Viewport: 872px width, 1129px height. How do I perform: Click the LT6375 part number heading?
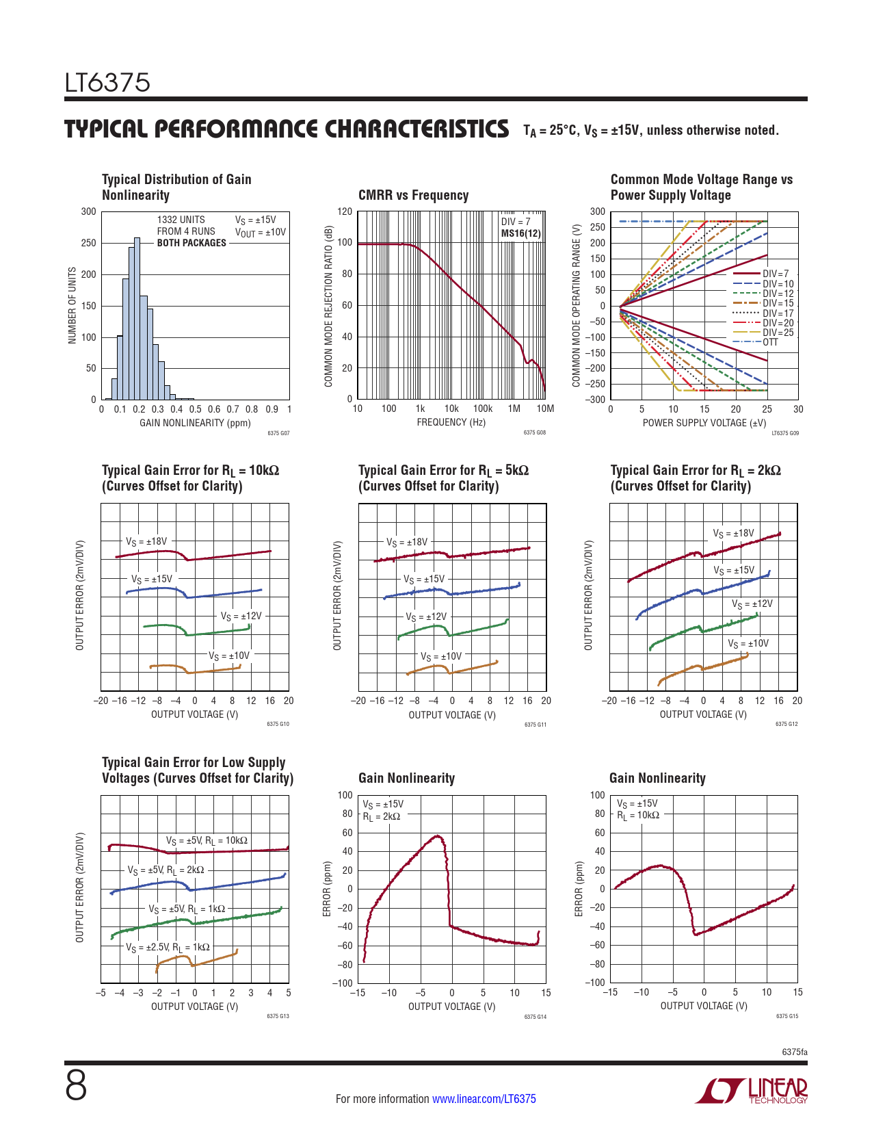pos(107,83)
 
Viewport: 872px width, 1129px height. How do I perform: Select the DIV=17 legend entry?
pos(778,313)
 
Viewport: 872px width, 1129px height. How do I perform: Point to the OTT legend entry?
pos(770,342)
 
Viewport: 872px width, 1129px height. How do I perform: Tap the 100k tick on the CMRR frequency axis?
pos(483,409)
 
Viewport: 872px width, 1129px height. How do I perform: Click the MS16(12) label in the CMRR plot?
pos(521,233)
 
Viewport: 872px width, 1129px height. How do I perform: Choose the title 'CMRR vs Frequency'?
pos(413,195)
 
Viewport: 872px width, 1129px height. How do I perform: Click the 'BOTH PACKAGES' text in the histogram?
pos(191,243)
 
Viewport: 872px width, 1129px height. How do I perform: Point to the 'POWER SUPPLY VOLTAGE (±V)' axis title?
pos(704,423)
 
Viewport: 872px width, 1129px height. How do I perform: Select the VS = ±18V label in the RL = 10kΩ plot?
pos(146,541)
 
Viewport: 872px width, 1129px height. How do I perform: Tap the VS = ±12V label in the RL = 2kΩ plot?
pos(752,604)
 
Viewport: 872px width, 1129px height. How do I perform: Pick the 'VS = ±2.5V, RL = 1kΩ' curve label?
pos(168,948)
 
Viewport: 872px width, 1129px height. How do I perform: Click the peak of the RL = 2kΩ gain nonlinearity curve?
pos(437,836)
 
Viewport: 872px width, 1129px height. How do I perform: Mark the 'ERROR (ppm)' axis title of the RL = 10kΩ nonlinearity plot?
pos(579,889)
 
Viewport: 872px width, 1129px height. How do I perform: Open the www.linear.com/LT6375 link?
pos(484,1099)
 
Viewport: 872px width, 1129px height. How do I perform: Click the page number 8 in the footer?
pos(76,1085)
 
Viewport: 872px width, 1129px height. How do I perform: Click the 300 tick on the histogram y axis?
pos(89,211)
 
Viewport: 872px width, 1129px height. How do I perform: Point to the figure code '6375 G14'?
pos(535,1017)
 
